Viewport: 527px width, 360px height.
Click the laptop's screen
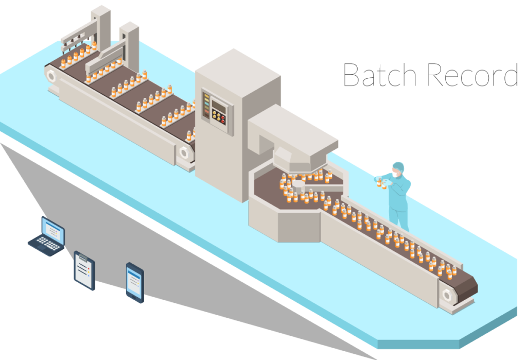tap(53, 229)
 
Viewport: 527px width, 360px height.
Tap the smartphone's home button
tap(135, 297)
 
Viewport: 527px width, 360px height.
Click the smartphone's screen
tap(135, 281)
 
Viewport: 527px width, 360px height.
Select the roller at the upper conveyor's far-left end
tap(51, 76)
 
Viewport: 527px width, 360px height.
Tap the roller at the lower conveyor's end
tap(447, 295)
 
